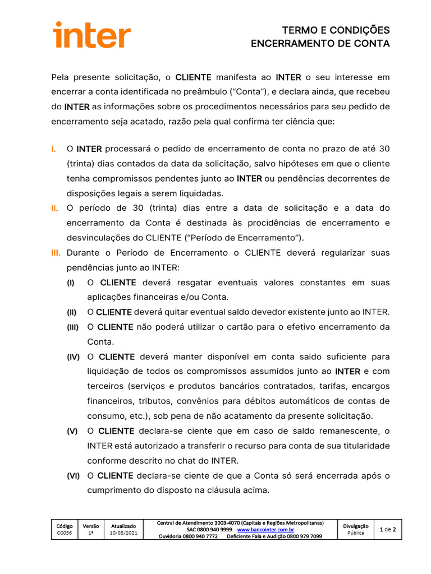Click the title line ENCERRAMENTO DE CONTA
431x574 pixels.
[x=320, y=44]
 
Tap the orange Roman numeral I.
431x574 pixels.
[x=53, y=149]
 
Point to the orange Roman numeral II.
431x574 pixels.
[x=54, y=208]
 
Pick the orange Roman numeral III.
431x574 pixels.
[x=56, y=253]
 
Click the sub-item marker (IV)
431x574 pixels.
[x=74, y=357]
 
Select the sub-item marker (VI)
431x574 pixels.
[x=74, y=476]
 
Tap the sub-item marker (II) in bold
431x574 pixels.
[x=72, y=312]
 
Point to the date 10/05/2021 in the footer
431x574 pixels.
[x=123, y=533]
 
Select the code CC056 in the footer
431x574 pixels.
[x=65, y=533]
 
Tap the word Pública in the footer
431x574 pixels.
[x=355, y=533]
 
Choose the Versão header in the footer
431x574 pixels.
[x=91, y=526]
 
